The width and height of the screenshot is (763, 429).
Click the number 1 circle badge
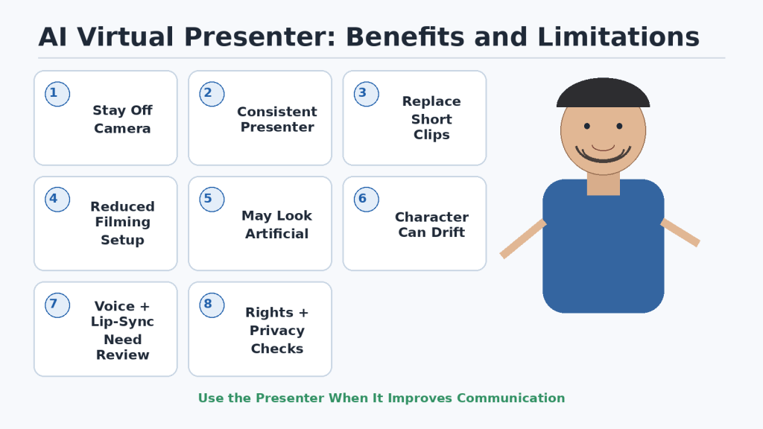(57, 94)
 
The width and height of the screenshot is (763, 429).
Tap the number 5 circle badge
(212, 200)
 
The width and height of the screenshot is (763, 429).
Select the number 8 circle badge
(212, 305)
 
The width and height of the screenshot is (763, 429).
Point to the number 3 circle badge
(367, 94)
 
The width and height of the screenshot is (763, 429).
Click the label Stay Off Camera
(123, 119)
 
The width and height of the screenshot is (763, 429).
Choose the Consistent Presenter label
(277, 119)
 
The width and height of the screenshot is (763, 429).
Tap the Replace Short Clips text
(431, 118)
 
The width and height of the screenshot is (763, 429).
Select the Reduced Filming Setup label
(123, 223)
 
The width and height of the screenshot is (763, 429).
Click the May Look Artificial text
(277, 224)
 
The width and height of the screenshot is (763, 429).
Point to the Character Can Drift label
(431, 224)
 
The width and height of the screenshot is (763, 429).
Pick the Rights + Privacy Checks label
(277, 330)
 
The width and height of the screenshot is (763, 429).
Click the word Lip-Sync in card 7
(123, 322)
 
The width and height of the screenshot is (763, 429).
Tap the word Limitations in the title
(618, 37)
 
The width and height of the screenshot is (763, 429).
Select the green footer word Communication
(510, 398)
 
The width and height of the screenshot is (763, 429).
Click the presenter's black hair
(603, 92)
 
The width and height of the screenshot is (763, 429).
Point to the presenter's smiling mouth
(603, 154)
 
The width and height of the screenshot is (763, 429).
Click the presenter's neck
(604, 184)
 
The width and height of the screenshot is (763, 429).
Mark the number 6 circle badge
(367, 200)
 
